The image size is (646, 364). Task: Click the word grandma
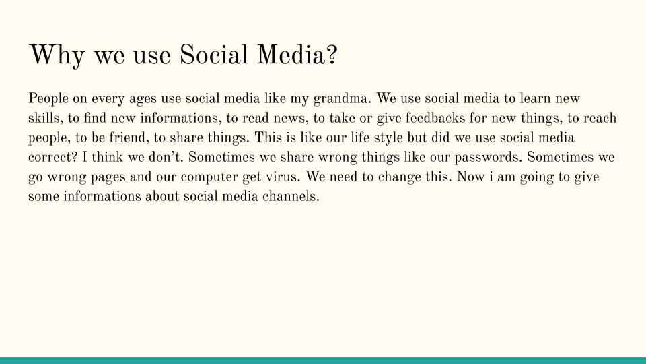[x=344, y=99]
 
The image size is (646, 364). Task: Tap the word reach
[x=600, y=119]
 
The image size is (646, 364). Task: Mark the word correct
[x=50, y=158]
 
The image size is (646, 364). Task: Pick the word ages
[x=143, y=99]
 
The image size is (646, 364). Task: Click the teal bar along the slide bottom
[x=323, y=360]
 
